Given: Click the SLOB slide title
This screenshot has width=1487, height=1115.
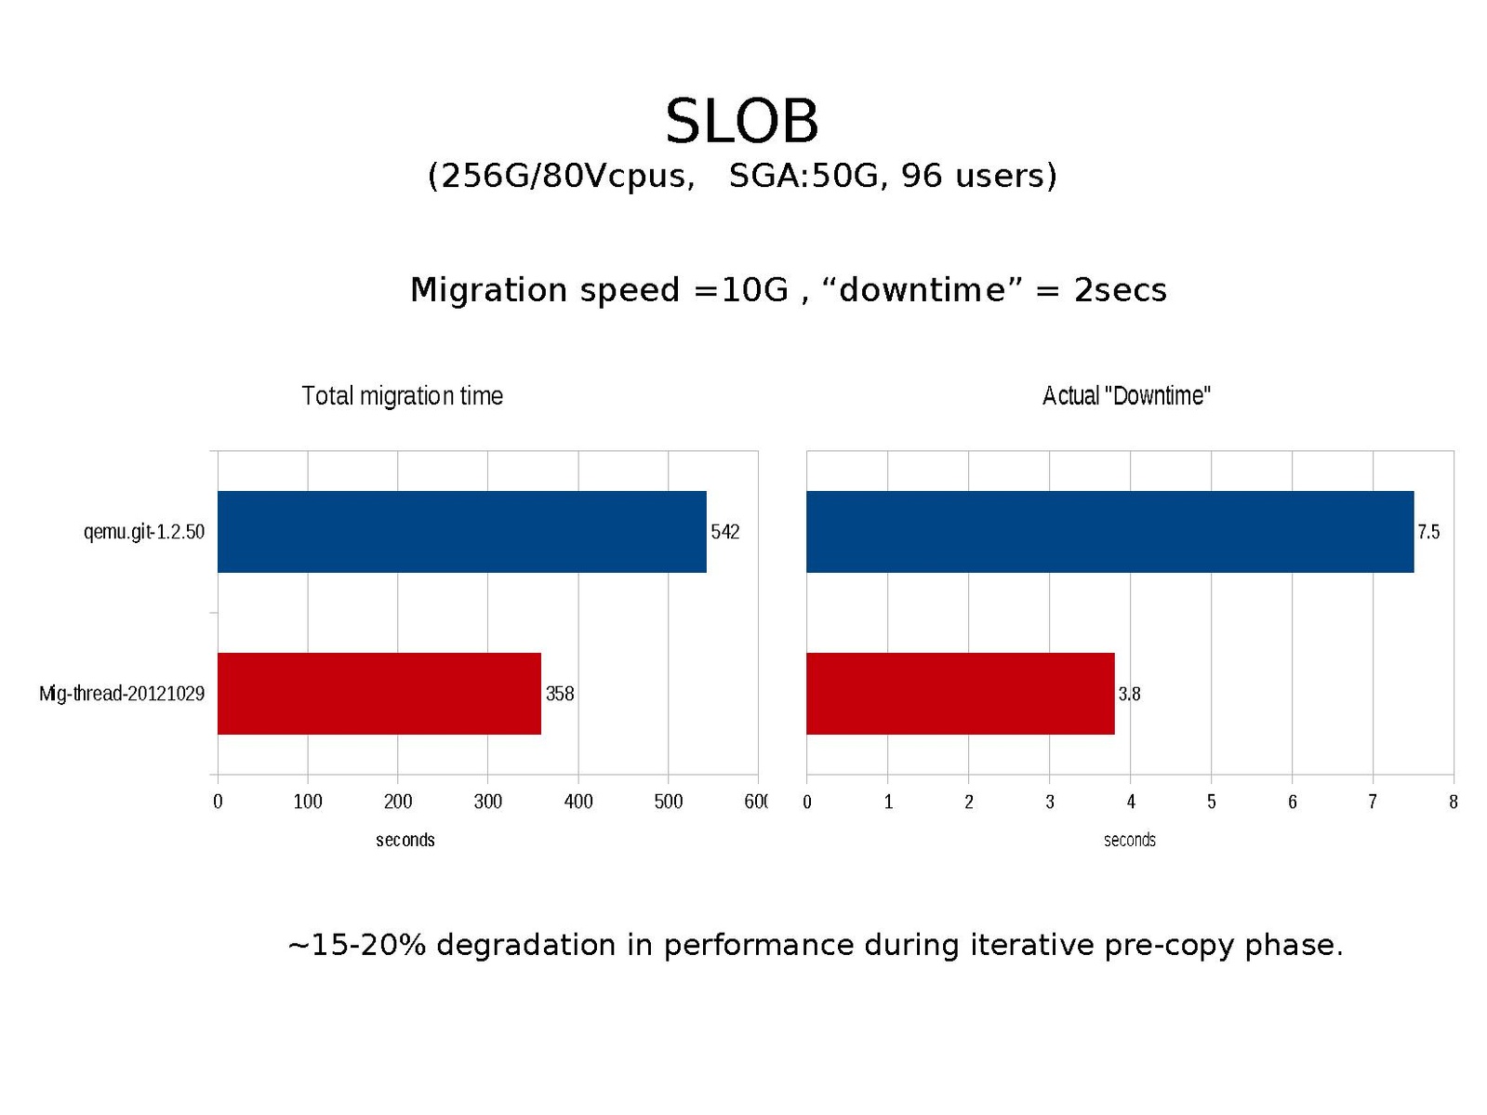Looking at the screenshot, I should tap(741, 122).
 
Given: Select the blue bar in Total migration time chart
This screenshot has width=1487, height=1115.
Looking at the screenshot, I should tap(461, 532).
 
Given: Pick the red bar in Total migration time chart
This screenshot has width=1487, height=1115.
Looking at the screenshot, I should tap(378, 694).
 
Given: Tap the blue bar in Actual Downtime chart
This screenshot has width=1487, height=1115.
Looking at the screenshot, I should tap(1109, 532).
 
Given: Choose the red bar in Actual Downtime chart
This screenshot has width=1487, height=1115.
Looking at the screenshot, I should tap(960, 694).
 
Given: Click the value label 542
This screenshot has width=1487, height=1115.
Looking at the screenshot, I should tap(725, 532).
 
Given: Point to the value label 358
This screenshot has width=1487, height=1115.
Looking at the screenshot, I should tap(560, 694).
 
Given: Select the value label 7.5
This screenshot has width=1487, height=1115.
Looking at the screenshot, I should tap(1428, 532).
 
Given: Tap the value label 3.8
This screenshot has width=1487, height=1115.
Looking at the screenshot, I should tap(1129, 694).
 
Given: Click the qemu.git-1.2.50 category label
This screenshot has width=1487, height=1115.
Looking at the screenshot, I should tap(144, 532).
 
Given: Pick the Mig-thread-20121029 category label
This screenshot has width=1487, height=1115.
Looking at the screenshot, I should tap(122, 694).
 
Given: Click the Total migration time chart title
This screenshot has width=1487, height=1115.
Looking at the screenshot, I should tap(402, 396).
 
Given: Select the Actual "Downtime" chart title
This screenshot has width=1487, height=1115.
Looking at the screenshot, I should tap(1126, 396).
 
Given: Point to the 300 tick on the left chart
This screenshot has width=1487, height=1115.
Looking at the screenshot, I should tap(488, 802).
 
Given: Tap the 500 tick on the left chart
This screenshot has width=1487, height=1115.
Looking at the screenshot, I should tap(668, 802).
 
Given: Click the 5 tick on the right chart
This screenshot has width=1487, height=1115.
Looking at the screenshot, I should tap(1212, 802).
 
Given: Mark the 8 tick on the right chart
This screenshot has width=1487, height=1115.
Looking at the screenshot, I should tap(1453, 802).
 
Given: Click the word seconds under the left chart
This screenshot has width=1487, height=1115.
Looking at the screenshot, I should tap(405, 840).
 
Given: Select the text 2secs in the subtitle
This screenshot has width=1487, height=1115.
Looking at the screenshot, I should tap(1120, 290).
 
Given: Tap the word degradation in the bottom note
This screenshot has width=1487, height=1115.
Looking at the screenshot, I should tap(525, 945).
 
